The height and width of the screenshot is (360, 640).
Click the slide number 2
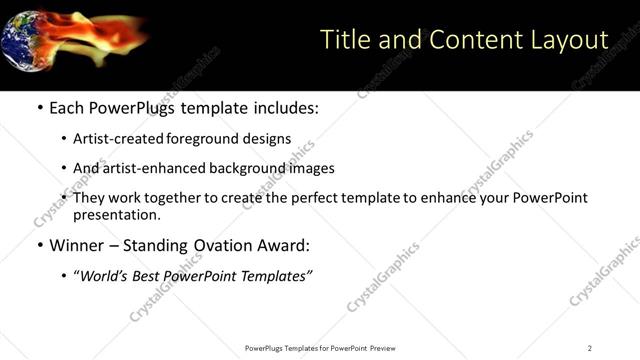(590, 348)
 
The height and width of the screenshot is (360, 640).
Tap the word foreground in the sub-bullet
(206, 139)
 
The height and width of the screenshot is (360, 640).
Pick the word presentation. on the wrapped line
(117, 214)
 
